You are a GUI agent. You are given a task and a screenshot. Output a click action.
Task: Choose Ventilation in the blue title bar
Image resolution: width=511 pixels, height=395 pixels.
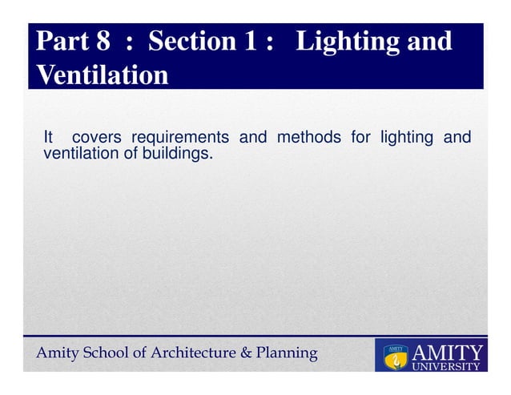point(103,75)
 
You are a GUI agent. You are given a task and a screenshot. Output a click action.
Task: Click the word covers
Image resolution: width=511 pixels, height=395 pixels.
point(97,137)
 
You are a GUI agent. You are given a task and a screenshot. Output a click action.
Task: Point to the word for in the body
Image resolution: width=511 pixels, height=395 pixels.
point(360,137)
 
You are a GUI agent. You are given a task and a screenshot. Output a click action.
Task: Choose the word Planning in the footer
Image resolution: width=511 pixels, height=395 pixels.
point(287,353)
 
